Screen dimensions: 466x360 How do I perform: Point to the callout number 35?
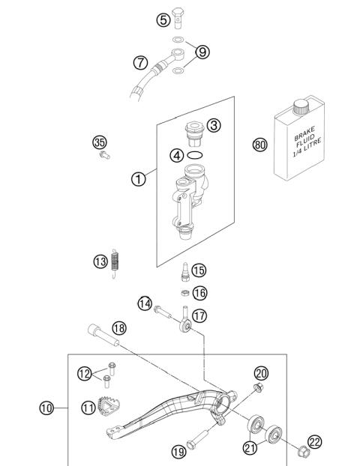tap(99, 142)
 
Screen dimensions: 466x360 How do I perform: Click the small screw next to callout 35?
tap(103, 156)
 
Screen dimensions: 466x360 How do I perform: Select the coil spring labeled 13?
tap(115, 261)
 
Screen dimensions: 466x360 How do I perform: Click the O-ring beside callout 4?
tap(196, 156)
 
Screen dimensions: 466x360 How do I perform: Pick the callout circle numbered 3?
tap(214, 125)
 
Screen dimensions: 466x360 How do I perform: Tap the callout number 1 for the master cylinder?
tap(139, 179)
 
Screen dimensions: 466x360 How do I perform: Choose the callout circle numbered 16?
tap(199, 293)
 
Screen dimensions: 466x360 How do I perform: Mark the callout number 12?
tap(85, 372)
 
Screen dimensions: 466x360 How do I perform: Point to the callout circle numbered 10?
tap(46, 408)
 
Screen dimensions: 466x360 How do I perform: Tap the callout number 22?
tap(315, 442)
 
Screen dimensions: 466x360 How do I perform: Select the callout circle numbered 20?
tap(261, 372)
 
